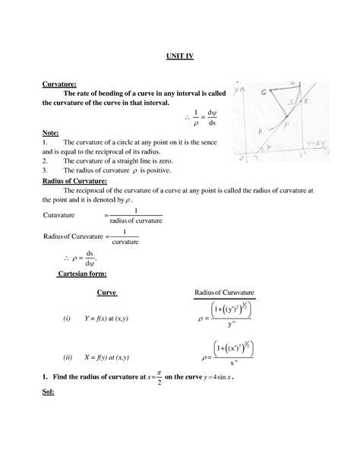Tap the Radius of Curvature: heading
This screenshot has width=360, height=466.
point(74,181)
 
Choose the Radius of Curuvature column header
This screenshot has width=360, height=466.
point(223,293)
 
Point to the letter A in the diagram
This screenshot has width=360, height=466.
point(261,131)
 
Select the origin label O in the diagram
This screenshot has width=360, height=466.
point(241,159)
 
